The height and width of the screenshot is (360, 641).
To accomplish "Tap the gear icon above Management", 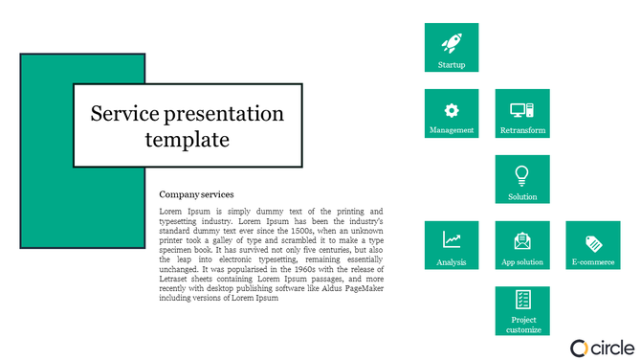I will [x=452, y=109].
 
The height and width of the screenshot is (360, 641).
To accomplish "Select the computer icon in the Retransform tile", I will [x=522, y=109].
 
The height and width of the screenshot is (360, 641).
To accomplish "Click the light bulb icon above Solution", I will [x=522, y=175].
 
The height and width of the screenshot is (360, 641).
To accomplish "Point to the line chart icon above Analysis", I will [x=452, y=240].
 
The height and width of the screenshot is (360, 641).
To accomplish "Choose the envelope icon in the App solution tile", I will [x=522, y=240].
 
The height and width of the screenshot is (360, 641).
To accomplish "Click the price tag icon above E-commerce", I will [x=593, y=241].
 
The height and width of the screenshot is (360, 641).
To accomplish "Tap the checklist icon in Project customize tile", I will [x=522, y=300].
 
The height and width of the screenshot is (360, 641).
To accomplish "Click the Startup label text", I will [x=452, y=65].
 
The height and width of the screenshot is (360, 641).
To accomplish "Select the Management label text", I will [x=452, y=130].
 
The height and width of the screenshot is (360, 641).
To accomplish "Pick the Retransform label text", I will [x=522, y=130].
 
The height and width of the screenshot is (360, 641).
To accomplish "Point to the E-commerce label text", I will [x=593, y=261].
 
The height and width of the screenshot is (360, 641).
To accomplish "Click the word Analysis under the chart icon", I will [x=452, y=261].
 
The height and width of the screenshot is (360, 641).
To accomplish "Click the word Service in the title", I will [x=124, y=115].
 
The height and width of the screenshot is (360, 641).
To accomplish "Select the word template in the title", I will [x=188, y=140].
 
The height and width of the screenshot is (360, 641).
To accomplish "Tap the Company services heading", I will [x=196, y=194].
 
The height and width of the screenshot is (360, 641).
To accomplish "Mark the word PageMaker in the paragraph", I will [x=361, y=287].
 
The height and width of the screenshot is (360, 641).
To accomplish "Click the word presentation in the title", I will [x=225, y=115].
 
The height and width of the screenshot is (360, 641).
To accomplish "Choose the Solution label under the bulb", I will [x=522, y=196].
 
